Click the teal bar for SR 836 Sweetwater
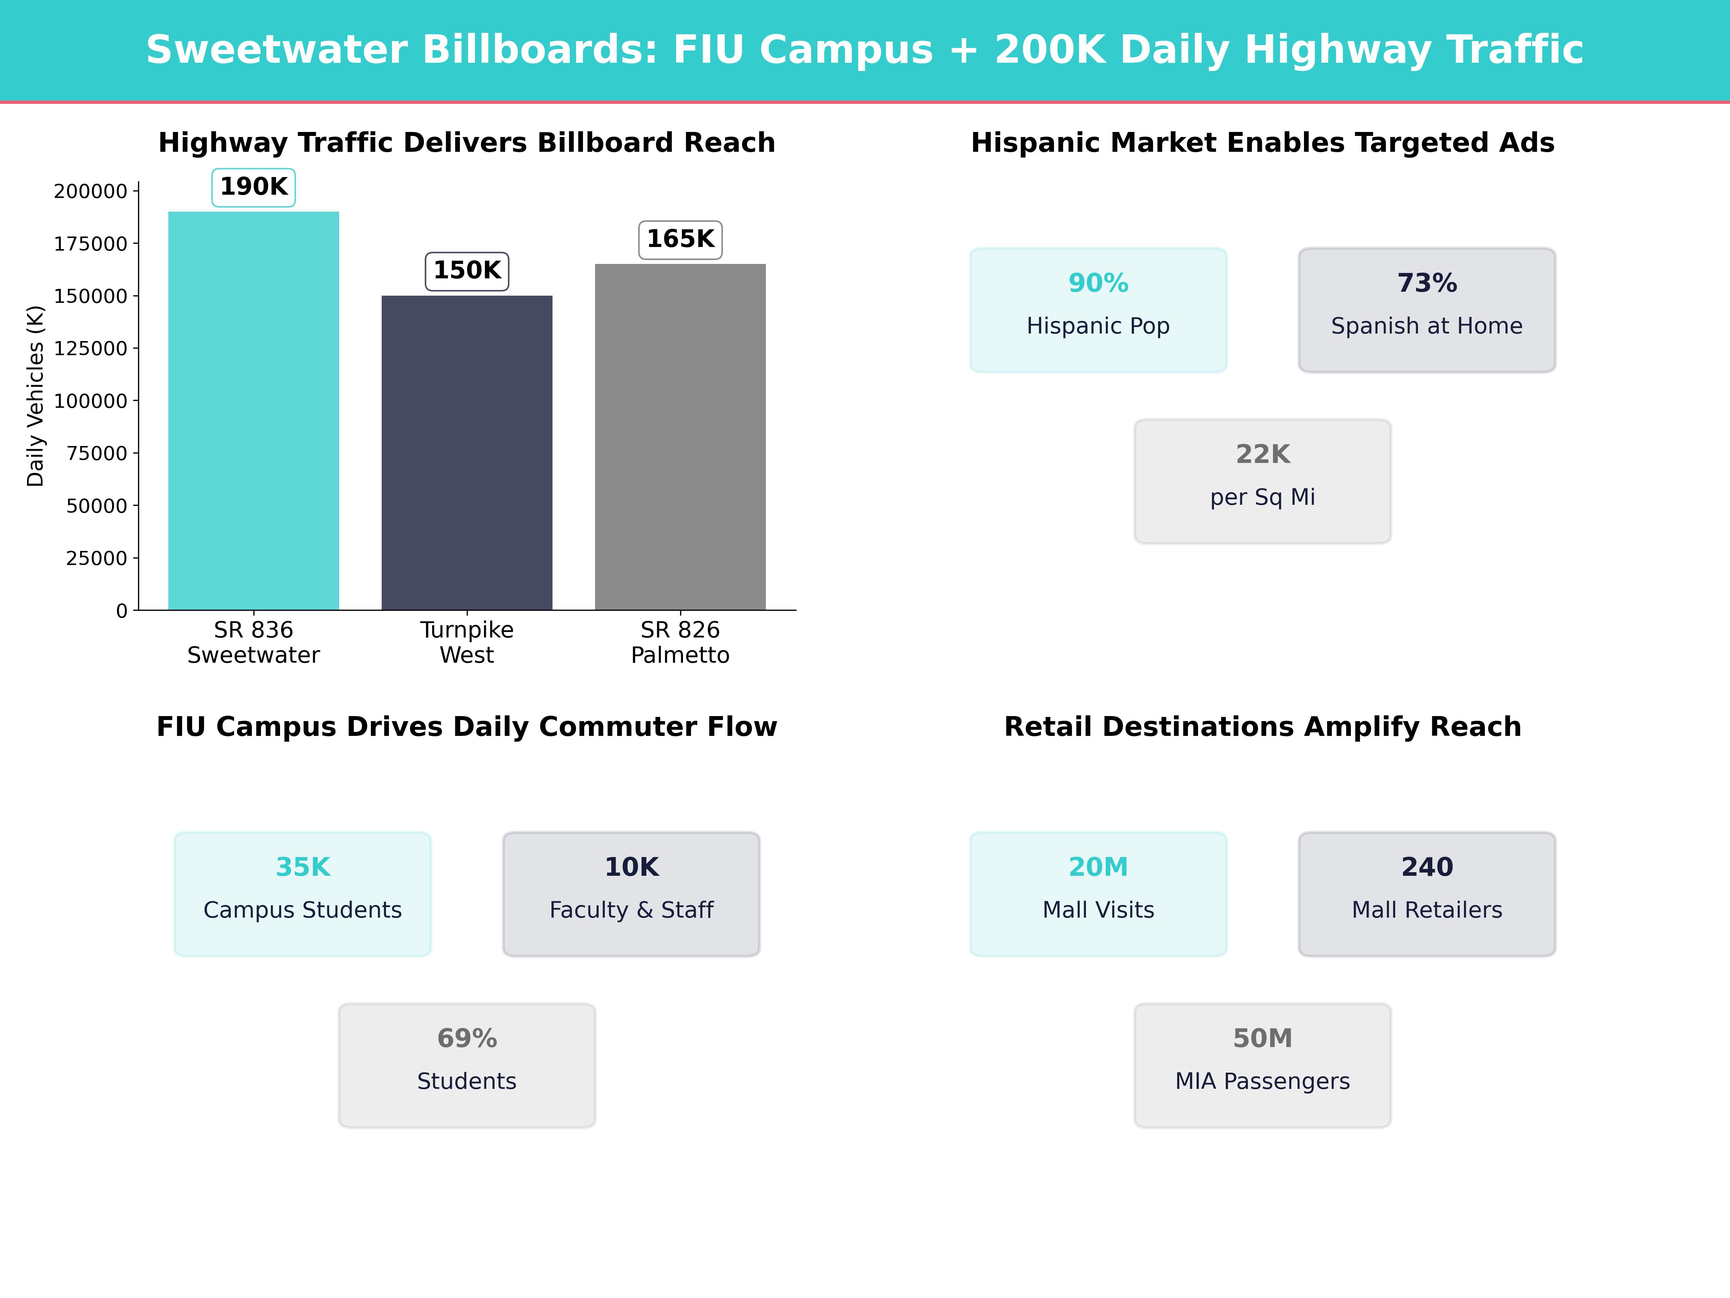[253, 411]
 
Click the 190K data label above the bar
[253, 187]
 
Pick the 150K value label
[467, 271]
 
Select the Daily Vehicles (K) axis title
[35, 396]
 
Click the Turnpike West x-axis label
[467, 643]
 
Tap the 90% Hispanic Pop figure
[1098, 283]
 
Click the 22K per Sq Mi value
[1262, 455]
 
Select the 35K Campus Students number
[303, 867]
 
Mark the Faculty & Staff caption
[631, 910]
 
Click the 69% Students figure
[467, 1038]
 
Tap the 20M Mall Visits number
[1098, 867]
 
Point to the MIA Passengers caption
[1262, 1081]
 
